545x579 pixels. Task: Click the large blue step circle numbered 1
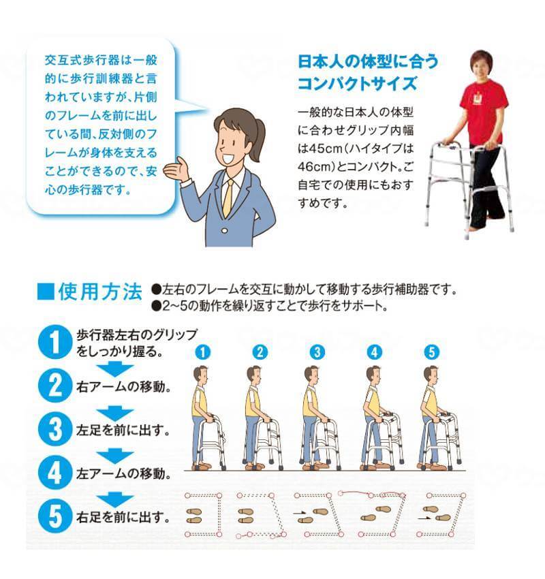(54, 343)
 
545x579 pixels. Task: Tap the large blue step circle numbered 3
(54, 429)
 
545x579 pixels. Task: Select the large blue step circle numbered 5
(54, 516)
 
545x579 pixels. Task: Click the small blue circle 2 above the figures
(260, 352)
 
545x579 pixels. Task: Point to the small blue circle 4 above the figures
(375, 352)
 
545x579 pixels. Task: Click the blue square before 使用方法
(46, 292)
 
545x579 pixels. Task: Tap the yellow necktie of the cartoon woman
(228, 198)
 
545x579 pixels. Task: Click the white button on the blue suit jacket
(225, 231)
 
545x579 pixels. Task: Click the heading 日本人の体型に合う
(368, 62)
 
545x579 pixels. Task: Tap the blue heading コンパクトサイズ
(357, 84)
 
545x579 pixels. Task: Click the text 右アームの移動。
(124, 387)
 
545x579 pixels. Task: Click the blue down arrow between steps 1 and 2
(115, 369)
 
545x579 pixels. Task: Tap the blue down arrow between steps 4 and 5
(115, 499)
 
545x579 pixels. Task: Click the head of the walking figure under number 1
(201, 375)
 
